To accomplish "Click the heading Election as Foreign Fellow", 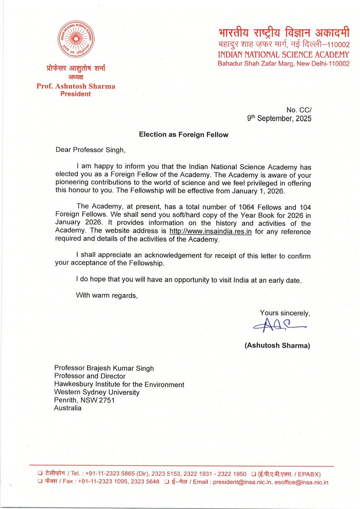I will click(x=184, y=135).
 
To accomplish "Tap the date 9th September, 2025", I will click(x=279, y=119).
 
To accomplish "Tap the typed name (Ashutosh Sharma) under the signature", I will click(x=277, y=346).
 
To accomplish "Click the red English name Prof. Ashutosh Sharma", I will click(x=75, y=86).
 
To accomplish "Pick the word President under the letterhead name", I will click(x=75, y=94).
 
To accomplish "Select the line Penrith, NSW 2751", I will click(x=84, y=400).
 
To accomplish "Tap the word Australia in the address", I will click(x=67, y=408).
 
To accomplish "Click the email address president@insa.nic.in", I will click(x=244, y=482).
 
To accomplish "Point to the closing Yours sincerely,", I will click(x=285, y=313).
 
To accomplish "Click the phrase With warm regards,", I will click(x=107, y=295).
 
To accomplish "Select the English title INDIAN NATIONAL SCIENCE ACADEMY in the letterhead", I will click(x=283, y=55).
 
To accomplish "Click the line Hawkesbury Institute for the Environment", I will click(x=119, y=384).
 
